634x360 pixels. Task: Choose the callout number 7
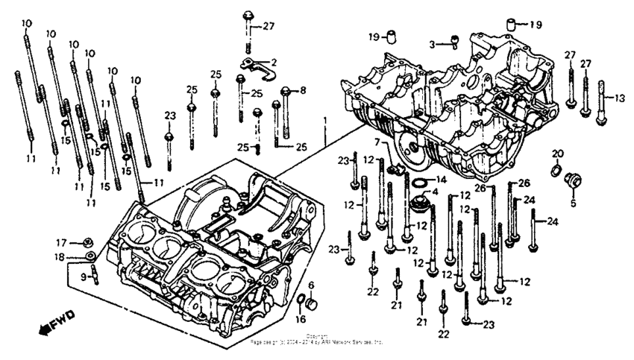coord(377,142)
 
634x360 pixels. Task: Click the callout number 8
coord(302,91)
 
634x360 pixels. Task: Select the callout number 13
coord(621,97)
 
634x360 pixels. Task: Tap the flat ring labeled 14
coord(418,180)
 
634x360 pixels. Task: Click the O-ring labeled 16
coord(300,301)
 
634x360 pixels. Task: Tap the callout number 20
coord(556,154)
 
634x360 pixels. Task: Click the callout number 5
coord(574,201)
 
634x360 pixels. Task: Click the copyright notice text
coord(317,339)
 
